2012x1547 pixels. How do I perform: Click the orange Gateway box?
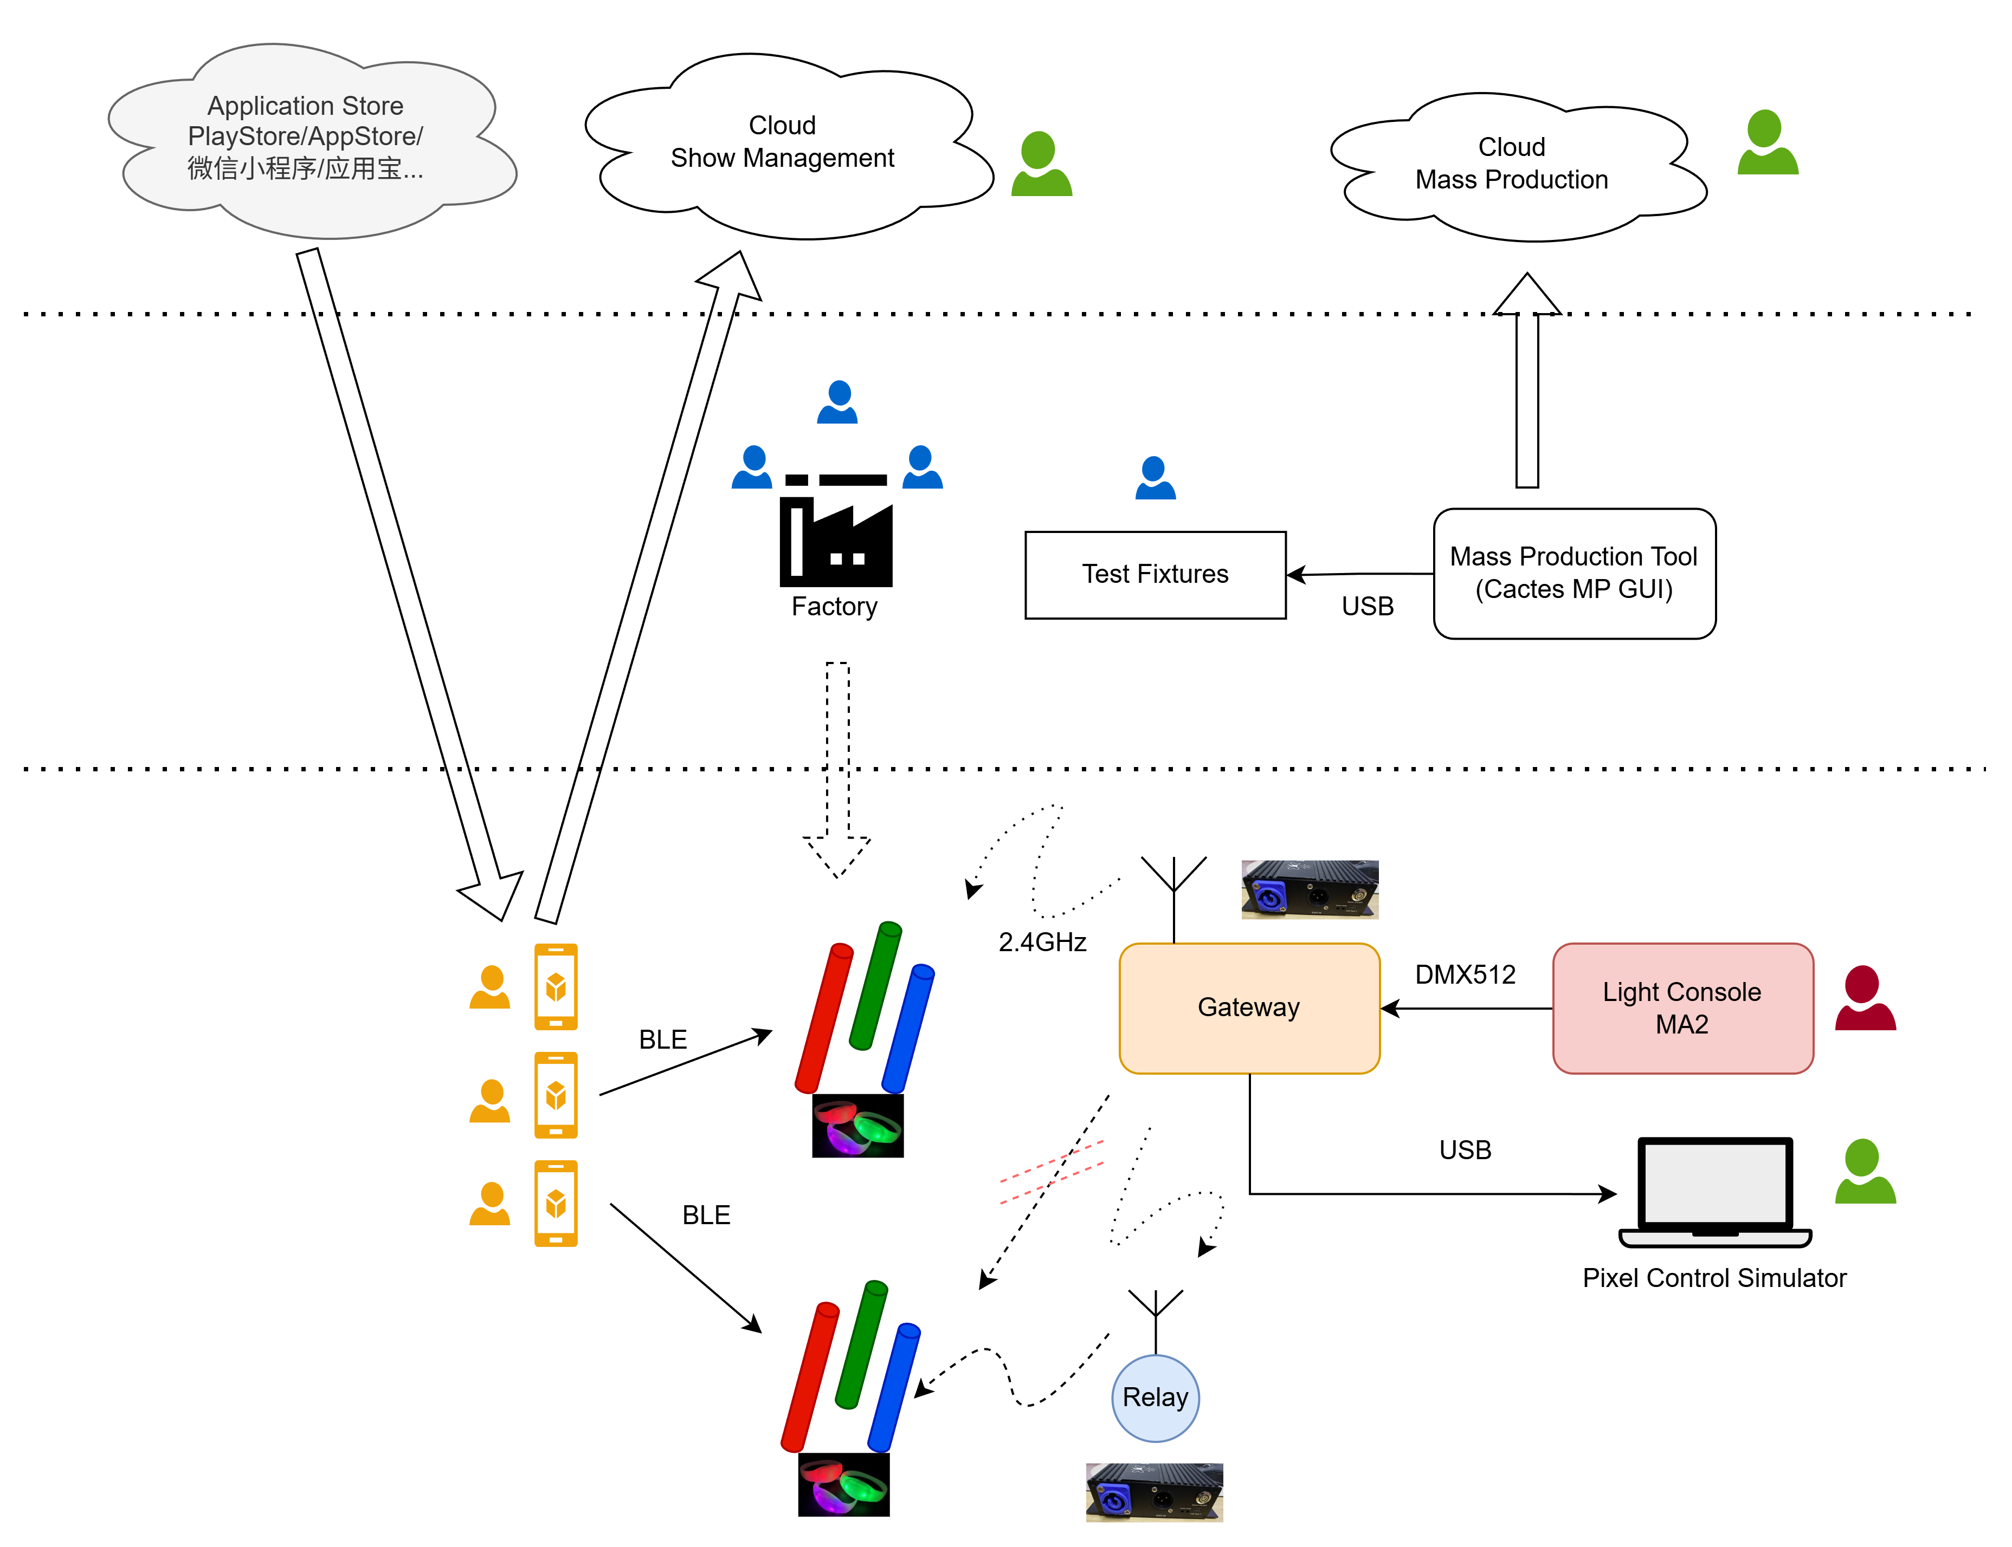pyautogui.click(x=1248, y=1009)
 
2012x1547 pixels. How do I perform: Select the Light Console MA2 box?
pyautogui.click(x=1682, y=1009)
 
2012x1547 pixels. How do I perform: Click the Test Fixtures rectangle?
pyautogui.click(x=1155, y=575)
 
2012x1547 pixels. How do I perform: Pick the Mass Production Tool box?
pyautogui.click(x=1574, y=573)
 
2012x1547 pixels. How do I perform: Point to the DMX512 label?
pyautogui.click(x=1465, y=974)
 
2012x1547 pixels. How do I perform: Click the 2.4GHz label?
pyautogui.click(x=1042, y=942)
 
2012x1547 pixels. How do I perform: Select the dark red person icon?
pyautogui.click(x=1865, y=999)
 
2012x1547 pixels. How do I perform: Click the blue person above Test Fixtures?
pyautogui.click(x=1155, y=479)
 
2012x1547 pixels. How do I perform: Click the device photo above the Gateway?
pyautogui.click(x=1309, y=889)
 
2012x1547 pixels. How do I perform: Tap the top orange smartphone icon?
pyautogui.click(x=556, y=986)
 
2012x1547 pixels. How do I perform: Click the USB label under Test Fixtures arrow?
pyautogui.click(x=1367, y=607)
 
